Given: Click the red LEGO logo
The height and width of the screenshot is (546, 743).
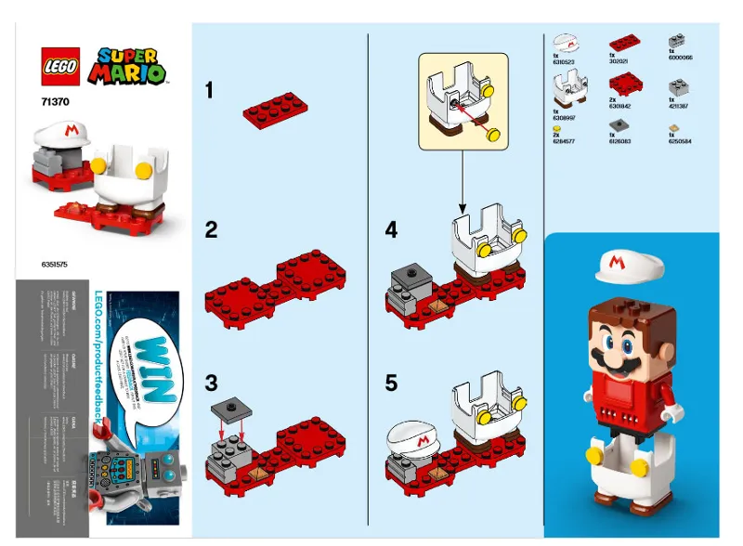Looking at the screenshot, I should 61,65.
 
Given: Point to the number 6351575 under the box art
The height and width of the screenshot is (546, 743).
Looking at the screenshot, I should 55,265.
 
